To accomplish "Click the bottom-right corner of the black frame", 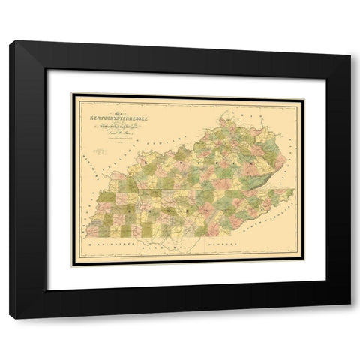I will pos(351,320).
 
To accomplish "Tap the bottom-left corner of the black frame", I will pos(8,320).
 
